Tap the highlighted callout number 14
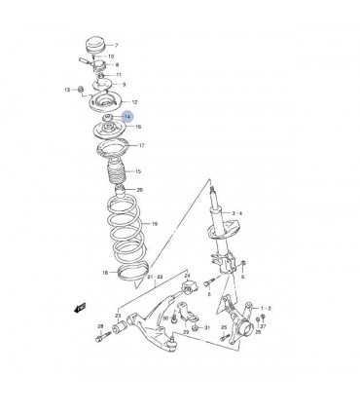pos(126,116)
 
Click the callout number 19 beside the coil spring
pos(153,223)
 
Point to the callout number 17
pos(141,146)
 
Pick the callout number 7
pos(116,46)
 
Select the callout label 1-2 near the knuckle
pos(266,308)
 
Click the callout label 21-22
pos(153,277)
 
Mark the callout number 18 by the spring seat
pos(104,274)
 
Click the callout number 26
pos(140,190)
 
